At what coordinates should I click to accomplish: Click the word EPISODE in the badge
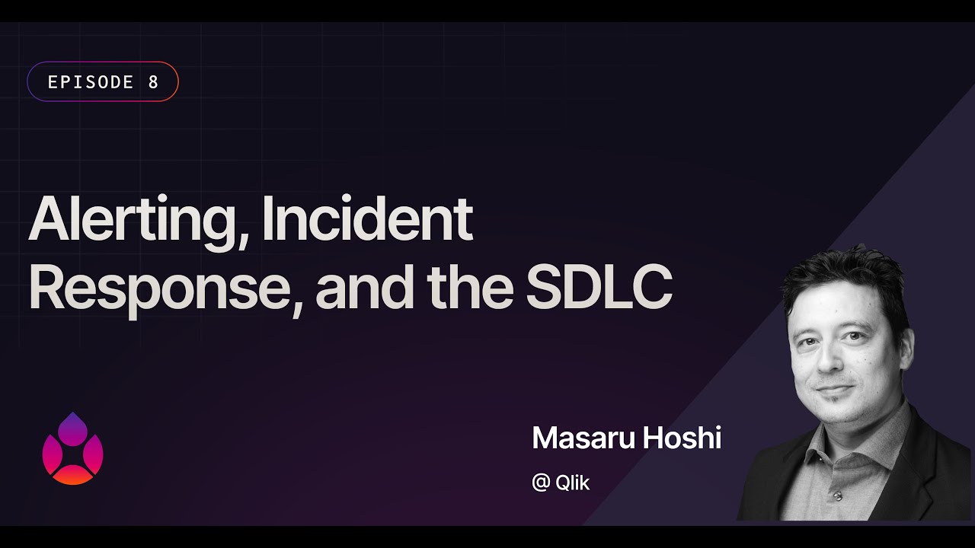pos(91,82)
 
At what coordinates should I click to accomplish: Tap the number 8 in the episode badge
pos(153,82)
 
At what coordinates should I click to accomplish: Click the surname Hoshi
pos(683,438)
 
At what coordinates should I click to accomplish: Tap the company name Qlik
pos(573,483)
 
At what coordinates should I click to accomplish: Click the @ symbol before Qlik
pos(541,483)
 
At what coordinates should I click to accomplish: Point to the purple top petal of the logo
pos(72,428)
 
